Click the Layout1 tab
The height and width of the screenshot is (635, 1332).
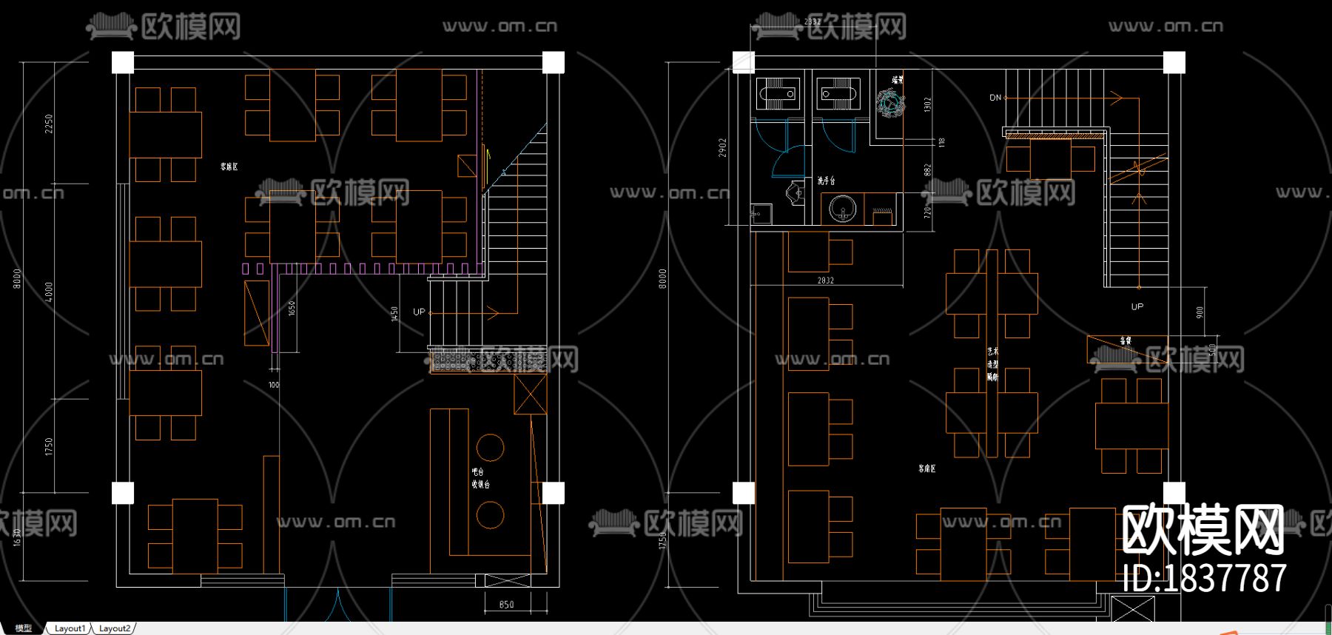coord(70,628)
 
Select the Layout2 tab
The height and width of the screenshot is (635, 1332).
coord(115,628)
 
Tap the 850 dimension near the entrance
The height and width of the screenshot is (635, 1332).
coord(506,605)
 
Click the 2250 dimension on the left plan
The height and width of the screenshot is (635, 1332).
coord(49,123)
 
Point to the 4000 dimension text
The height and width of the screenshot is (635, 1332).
coord(49,291)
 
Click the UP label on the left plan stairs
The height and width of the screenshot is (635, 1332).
coord(419,312)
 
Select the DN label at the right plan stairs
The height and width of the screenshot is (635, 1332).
coord(995,98)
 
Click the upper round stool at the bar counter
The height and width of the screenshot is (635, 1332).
coord(490,447)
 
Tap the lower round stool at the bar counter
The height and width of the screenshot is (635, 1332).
coord(490,514)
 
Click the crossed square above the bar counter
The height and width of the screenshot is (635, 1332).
coord(530,394)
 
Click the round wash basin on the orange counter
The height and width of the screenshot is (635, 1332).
coord(842,209)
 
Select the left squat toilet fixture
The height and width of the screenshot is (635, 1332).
coord(778,95)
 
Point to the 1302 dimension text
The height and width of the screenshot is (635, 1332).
coord(927,104)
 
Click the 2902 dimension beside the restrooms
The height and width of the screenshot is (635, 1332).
coord(722,147)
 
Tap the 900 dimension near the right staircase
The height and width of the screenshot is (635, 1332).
coord(1200,312)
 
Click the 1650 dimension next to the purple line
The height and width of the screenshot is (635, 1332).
coord(292,309)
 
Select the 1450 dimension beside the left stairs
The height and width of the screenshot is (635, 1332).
coord(395,314)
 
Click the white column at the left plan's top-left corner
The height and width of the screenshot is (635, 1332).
coord(123,62)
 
